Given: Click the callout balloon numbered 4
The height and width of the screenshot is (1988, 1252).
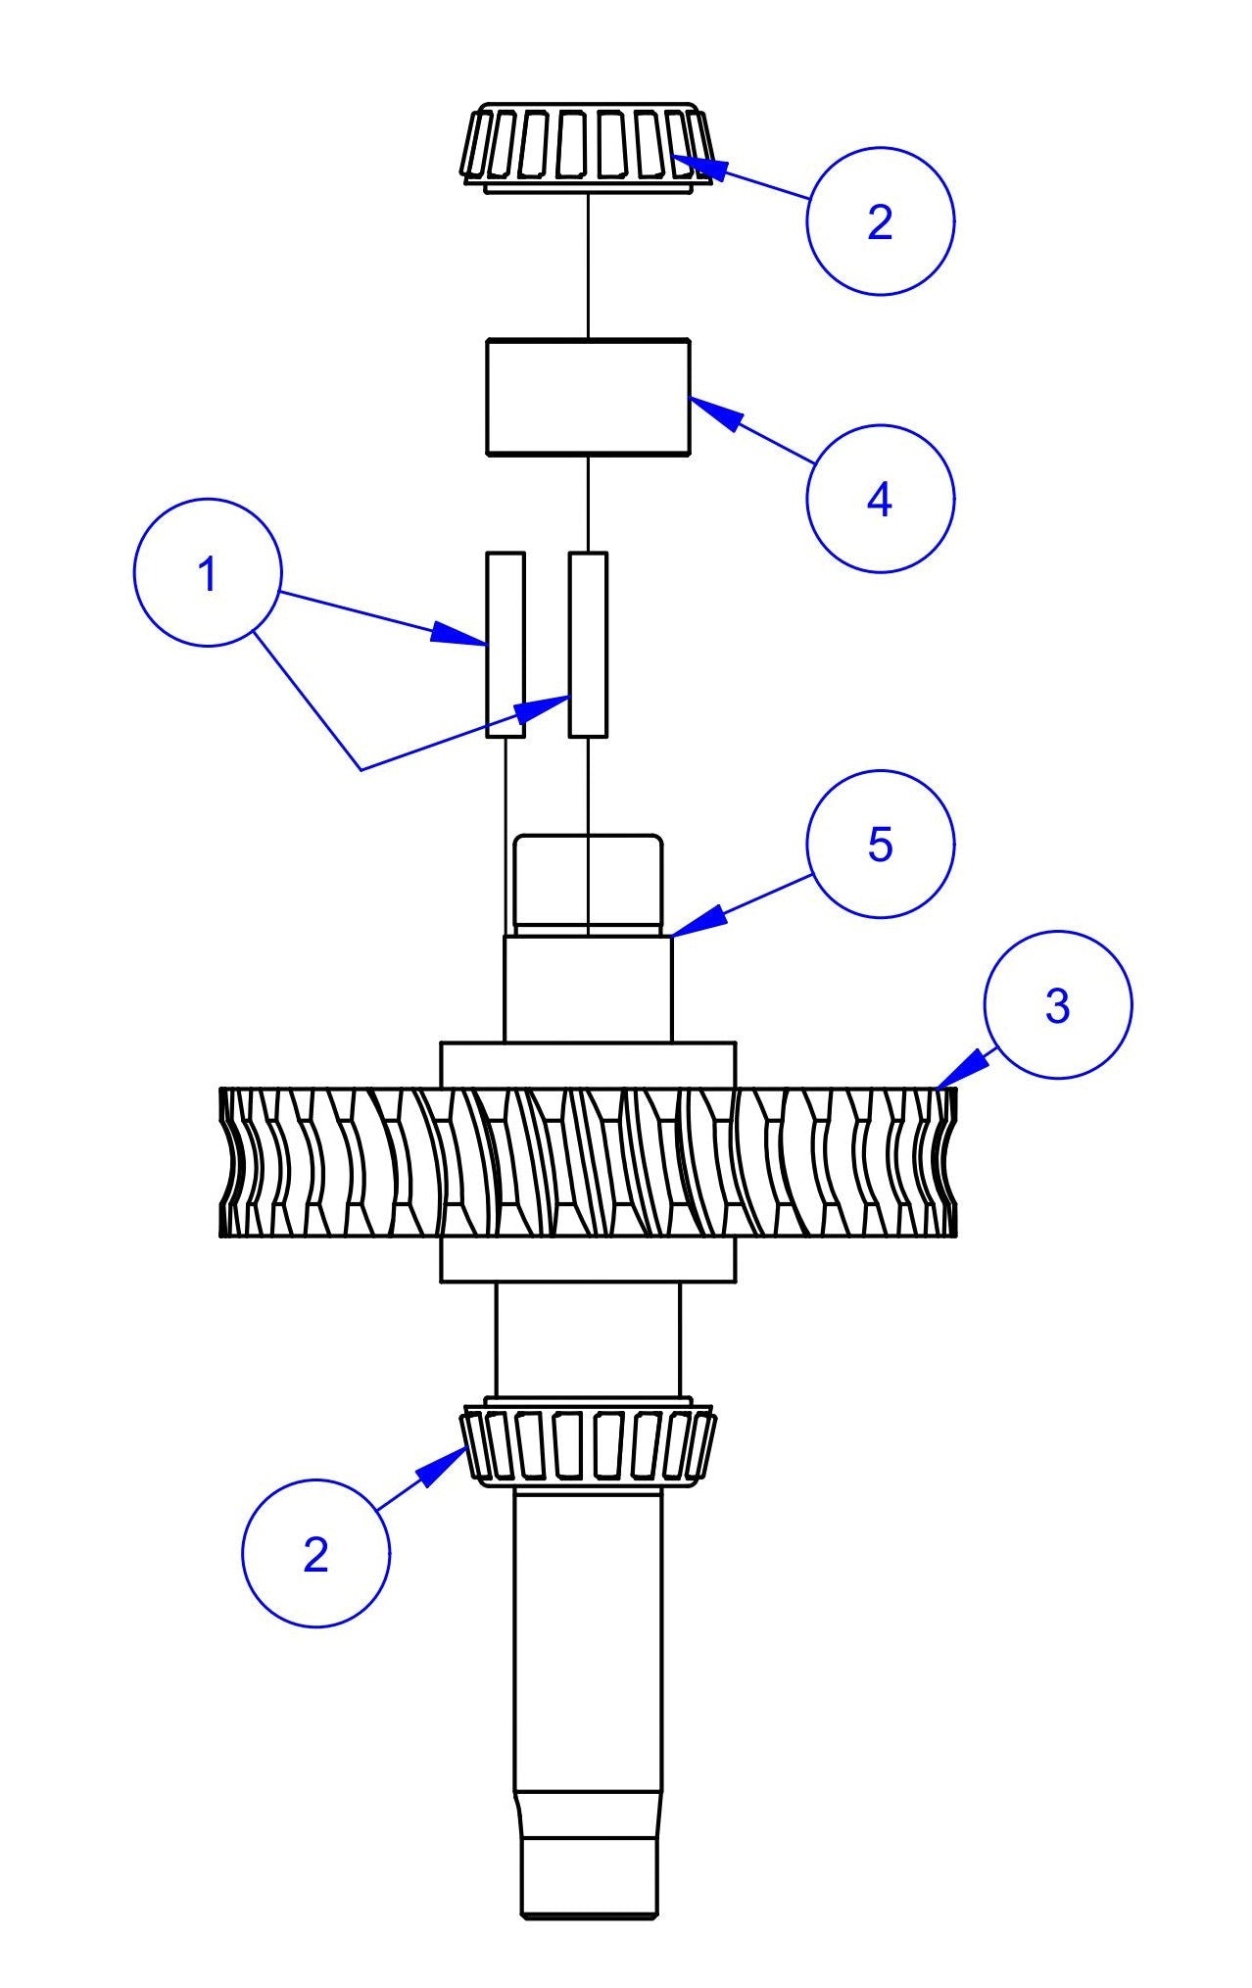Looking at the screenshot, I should point(880,499).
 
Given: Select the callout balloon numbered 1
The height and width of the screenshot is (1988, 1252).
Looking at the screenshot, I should point(208,573).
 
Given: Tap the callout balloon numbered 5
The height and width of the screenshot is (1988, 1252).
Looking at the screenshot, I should point(880,844).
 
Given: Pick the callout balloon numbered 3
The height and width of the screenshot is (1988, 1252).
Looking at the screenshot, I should point(1057,1005).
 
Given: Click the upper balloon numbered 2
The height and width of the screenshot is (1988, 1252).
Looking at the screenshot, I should point(880,221).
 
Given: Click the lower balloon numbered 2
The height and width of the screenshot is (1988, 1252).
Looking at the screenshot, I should point(315,1554).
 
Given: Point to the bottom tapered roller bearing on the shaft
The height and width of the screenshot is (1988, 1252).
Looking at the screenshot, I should point(588,1444).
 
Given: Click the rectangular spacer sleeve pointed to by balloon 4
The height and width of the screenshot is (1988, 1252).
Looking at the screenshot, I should point(588,397).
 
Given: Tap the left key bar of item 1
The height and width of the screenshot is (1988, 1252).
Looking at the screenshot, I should point(506,644).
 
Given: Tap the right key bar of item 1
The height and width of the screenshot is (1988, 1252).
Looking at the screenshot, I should point(588,644).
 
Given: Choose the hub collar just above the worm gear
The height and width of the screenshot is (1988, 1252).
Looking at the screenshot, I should point(588,1064).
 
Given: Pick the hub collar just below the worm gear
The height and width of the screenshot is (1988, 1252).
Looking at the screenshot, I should point(588,1259).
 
